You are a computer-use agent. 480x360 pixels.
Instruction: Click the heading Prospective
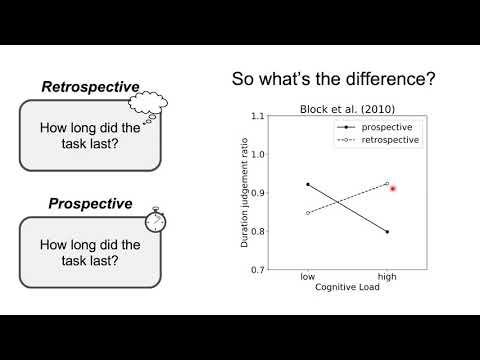point(90,204)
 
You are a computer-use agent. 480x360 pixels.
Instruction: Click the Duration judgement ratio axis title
point(244,193)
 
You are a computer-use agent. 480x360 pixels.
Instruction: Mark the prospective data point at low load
point(308,184)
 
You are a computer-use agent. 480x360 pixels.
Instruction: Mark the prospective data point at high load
point(386,232)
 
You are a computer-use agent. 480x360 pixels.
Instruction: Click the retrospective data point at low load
point(308,213)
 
